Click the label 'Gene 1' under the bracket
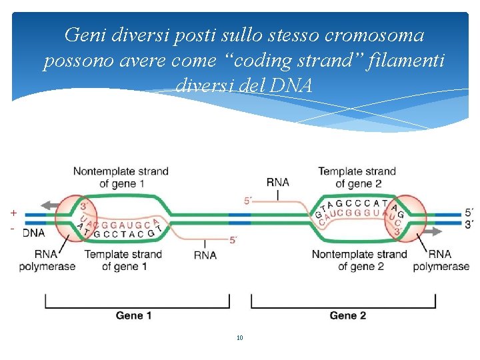point(133,315)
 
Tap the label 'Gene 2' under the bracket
point(347,315)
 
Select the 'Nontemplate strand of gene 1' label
point(121,177)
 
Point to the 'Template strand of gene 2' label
point(357,177)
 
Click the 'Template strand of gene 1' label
point(123,260)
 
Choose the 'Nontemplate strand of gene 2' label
point(359,260)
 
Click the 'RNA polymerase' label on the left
point(47,260)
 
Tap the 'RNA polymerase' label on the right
point(441,260)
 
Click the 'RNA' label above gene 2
point(277,182)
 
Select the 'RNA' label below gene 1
point(205,255)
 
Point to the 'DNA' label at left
point(34,233)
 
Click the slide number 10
point(240,338)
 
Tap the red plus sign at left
point(13,213)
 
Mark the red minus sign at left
point(13,229)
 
